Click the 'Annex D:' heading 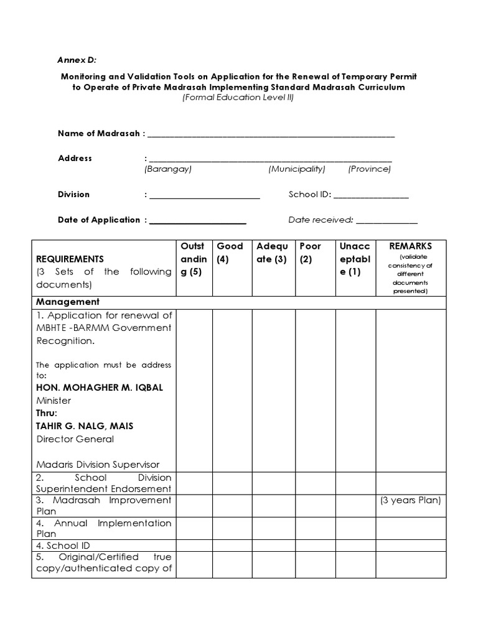coord(77,60)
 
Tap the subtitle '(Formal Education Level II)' coord(238,98)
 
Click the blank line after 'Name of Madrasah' coord(271,134)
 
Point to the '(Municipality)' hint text coord(297,169)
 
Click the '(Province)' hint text coord(370,169)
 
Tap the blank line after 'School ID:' coord(371,195)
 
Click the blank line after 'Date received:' coord(387,220)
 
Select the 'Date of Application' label coord(99,220)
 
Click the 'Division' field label coord(73,194)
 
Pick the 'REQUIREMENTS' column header coord(70,259)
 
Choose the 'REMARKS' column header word coord(410,246)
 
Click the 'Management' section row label coord(68,302)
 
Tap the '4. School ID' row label coord(63,546)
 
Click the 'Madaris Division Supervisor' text coord(98,465)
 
